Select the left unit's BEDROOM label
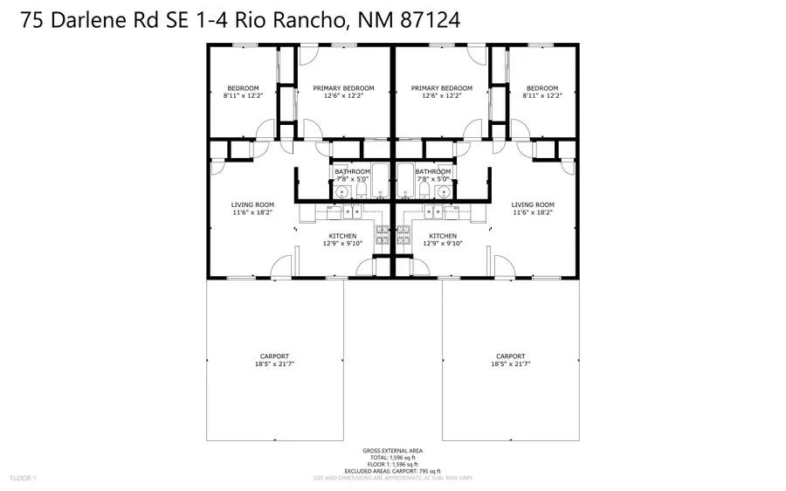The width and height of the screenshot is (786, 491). (x=243, y=88)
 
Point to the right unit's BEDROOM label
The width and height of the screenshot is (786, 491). (x=542, y=88)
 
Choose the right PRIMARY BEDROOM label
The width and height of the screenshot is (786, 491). (x=442, y=88)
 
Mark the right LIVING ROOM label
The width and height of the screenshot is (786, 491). (x=533, y=204)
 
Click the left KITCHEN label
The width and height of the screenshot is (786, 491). (x=341, y=236)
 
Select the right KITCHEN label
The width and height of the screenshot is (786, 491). (x=443, y=236)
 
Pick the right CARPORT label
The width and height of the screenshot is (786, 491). (x=511, y=356)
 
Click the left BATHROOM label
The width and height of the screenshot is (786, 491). (x=353, y=171)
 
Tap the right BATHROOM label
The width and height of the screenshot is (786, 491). (x=432, y=171)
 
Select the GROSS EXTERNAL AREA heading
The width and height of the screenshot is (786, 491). (x=392, y=451)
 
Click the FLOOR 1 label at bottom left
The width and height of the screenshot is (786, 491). (x=23, y=478)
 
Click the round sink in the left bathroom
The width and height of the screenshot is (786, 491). (x=342, y=191)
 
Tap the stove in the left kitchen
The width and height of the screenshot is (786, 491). (x=382, y=234)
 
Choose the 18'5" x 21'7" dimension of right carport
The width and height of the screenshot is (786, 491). (x=511, y=363)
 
